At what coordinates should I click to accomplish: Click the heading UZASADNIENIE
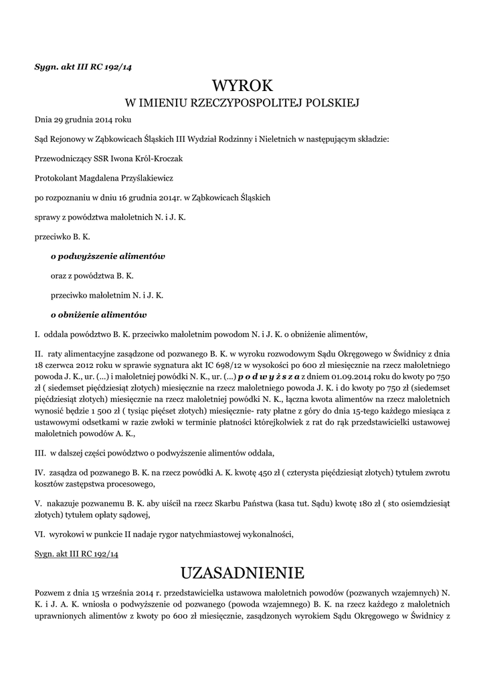point(243,573)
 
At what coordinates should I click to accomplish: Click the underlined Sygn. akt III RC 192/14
point(76,555)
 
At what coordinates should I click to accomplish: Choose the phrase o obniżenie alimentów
point(98,314)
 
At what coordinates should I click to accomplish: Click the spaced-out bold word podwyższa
point(264,377)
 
